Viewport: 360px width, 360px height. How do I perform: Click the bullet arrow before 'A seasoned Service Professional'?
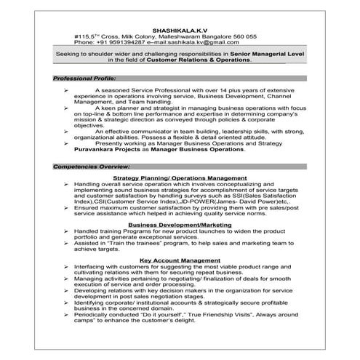click(66, 89)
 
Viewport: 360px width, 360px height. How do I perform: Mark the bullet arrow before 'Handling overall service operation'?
click(66, 184)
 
